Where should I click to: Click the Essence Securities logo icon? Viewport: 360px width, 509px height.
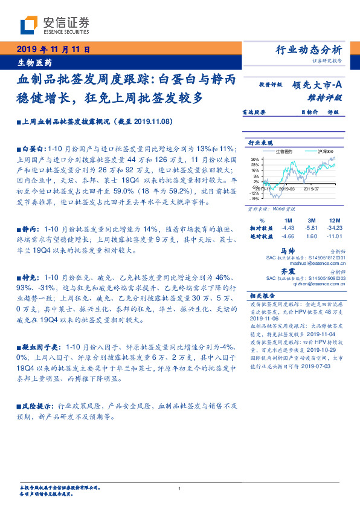[29, 25]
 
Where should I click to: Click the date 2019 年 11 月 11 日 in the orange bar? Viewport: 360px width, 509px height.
[53, 48]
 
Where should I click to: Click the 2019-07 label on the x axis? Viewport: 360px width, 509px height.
[312, 189]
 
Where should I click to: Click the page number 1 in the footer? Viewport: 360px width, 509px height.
[180, 488]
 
